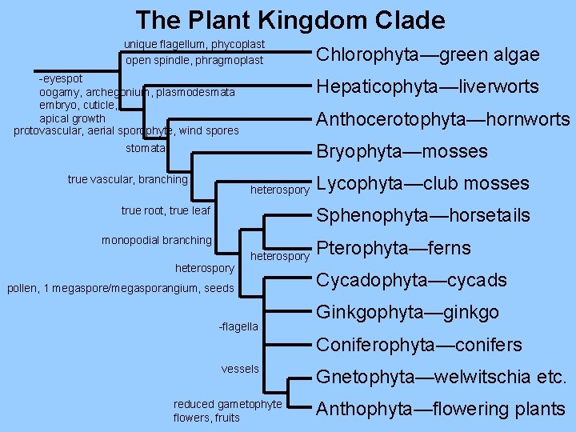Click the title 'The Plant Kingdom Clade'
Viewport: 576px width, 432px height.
pyautogui.click(x=290, y=19)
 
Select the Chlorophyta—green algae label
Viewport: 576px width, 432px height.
pyautogui.click(x=428, y=54)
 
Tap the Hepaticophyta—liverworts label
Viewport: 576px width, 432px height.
pyautogui.click(x=428, y=86)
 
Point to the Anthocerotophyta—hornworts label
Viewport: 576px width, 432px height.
pyautogui.click(x=443, y=119)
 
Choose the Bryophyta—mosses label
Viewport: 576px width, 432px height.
pyautogui.click(x=402, y=151)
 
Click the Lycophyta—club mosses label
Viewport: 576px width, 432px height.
pyautogui.click(x=422, y=183)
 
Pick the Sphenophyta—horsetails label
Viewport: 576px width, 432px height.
pyautogui.click(x=423, y=215)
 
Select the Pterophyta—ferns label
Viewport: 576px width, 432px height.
pyautogui.click(x=394, y=247)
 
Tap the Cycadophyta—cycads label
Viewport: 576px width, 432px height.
pyautogui.click(x=411, y=280)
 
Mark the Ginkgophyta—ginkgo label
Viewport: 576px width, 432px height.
pyautogui.click(x=407, y=312)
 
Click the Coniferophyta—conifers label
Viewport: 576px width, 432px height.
pyautogui.click(x=419, y=345)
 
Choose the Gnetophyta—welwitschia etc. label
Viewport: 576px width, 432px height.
pyautogui.click(x=442, y=377)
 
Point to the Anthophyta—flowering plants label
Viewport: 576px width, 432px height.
pyautogui.click(x=440, y=409)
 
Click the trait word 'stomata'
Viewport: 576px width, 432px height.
pyautogui.click(x=146, y=149)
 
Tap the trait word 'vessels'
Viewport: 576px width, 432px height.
pyautogui.click(x=240, y=369)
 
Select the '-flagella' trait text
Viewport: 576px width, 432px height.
pyautogui.click(x=238, y=326)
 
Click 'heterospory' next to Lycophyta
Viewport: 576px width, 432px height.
pyautogui.click(x=279, y=190)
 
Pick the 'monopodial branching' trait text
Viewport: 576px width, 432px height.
pyautogui.click(x=157, y=240)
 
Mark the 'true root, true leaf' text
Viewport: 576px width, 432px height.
pyautogui.click(x=166, y=210)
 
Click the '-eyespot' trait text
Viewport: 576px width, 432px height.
pyautogui.click(x=60, y=80)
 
